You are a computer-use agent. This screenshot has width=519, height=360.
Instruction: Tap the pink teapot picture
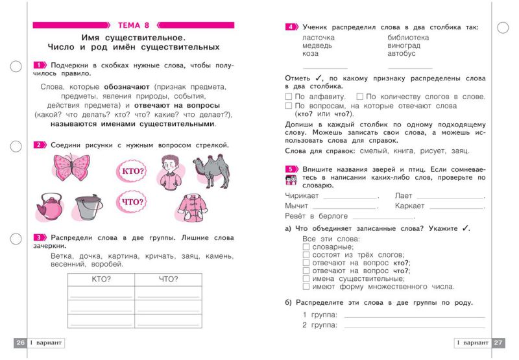point(49,207)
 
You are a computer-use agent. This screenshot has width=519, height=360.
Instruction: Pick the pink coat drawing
point(191,207)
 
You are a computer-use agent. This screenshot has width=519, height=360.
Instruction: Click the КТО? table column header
point(101,280)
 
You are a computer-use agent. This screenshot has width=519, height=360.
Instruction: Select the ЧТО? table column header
point(168,280)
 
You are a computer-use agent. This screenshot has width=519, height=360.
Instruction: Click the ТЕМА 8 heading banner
point(134,25)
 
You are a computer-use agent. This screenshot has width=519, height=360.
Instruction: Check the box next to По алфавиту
point(289,97)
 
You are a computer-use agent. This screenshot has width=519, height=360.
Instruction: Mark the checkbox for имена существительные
point(306,278)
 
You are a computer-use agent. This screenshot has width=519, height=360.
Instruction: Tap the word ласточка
point(319,38)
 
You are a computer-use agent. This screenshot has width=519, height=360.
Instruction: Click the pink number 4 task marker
point(291,27)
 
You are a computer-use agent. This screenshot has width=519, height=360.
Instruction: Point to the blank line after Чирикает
point(350,196)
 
